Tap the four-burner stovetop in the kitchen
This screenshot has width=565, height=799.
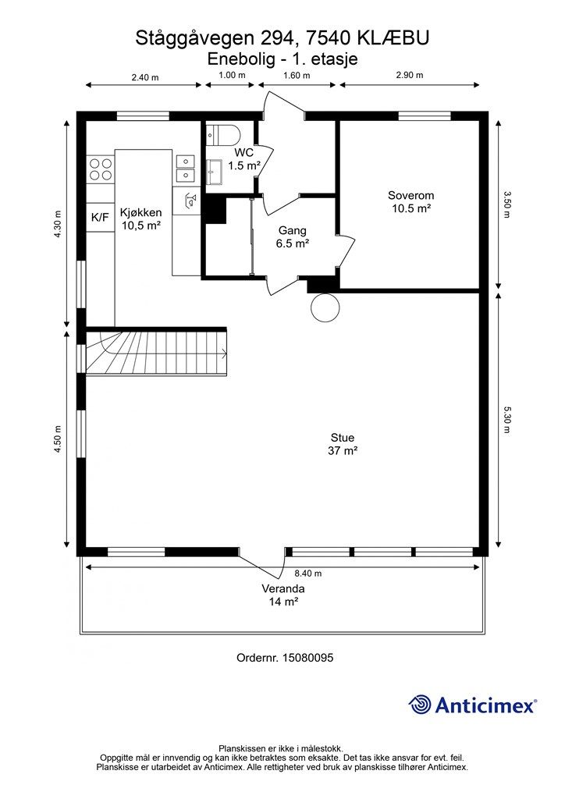click(101, 169)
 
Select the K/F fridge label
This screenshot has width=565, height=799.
click(100, 217)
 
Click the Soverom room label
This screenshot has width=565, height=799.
click(411, 195)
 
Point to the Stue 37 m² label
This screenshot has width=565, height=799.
click(343, 444)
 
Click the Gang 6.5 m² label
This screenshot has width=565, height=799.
click(293, 237)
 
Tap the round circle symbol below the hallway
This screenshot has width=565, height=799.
click(325, 307)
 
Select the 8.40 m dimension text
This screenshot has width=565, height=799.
click(308, 574)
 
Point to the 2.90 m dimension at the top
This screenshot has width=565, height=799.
click(410, 75)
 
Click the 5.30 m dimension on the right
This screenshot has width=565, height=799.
click(506, 420)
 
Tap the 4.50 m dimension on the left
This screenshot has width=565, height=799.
click(58, 439)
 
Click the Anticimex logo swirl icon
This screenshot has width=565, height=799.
click(420, 705)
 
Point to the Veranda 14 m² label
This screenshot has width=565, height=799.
click(284, 595)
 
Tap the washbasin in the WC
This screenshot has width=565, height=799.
click(215, 172)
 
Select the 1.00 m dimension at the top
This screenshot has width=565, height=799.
click(232, 75)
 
